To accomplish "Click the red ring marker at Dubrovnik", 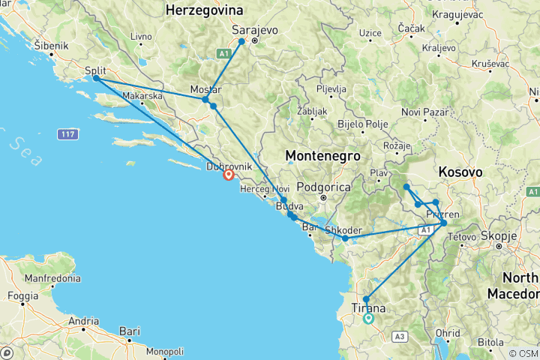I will (229, 175).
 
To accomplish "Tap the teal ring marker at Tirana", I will (368, 318).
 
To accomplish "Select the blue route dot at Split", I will (96, 78).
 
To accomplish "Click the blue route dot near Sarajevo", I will (241, 41).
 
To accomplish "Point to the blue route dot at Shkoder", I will (345, 238).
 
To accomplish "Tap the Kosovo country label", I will (459, 172).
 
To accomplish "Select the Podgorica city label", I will (323, 187).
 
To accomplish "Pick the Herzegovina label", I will (205, 10).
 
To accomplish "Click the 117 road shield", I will (67, 134).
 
